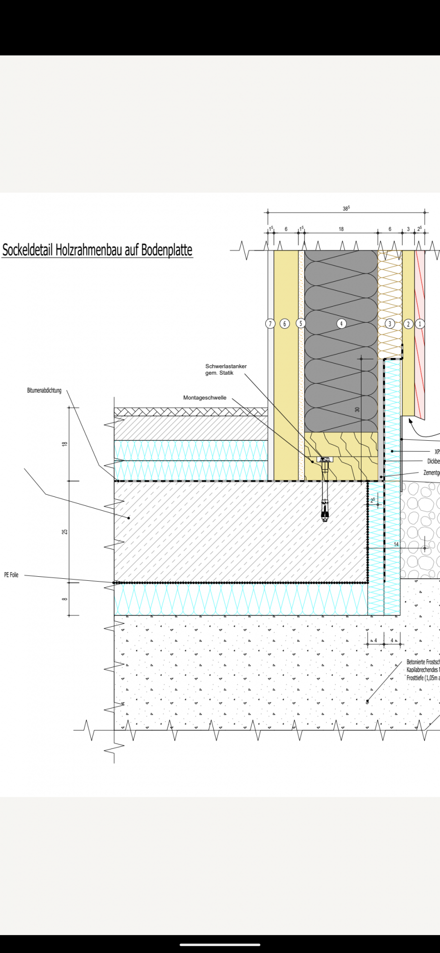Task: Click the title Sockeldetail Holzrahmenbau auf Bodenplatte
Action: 97,249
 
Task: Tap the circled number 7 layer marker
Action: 270,324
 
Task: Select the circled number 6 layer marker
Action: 285,324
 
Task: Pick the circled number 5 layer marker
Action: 300,323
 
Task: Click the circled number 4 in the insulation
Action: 341,324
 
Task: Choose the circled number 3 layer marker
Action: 390,324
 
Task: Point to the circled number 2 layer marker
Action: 408,324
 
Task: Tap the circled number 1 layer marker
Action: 420,324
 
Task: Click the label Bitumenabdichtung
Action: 44,391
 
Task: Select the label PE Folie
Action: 11,575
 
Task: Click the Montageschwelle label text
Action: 205,398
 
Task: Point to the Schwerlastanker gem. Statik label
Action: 225,369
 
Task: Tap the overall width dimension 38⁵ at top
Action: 346,208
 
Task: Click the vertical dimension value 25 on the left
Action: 65,532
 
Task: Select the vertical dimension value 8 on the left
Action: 65,599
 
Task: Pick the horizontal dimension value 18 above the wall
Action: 341,229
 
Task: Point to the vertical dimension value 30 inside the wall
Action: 357,409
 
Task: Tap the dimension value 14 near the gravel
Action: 396,545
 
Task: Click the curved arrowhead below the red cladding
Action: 410,421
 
